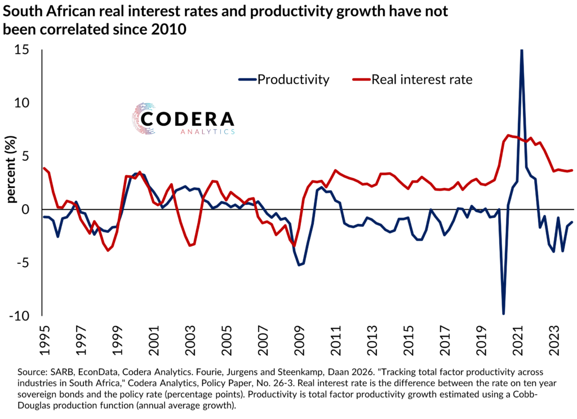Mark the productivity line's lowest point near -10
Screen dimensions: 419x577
click(503, 314)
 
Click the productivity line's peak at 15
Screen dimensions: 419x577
click(521, 51)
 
